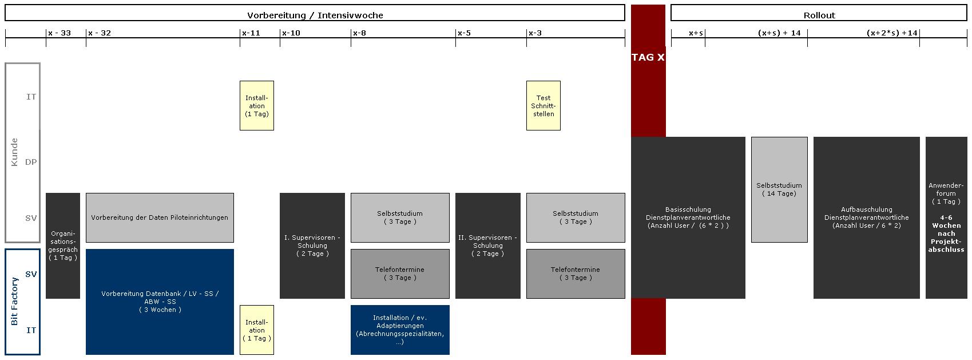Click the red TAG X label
pyautogui.click(x=648, y=57)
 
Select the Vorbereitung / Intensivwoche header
pyautogui.click(x=315, y=15)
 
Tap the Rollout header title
pyautogui.click(x=819, y=15)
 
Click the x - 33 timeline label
pyautogui.click(x=59, y=33)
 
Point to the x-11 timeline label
pyautogui.click(x=251, y=33)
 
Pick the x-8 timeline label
pyautogui.click(x=359, y=33)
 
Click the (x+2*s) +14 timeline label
pyautogui.click(x=892, y=33)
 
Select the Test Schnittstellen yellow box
pyautogui.click(x=543, y=105)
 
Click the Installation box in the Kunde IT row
pyautogui.click(x=256, y=105)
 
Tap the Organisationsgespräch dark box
pyautogui.click(x=62, y=246)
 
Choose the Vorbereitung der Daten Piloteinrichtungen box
pyautogui.click(x=160, y=217)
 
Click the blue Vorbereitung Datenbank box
pyautogui.click(x=160, y=302)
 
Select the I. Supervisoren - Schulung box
pyautogui.click(x=312, y=246)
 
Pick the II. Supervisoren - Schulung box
pyautogui.click(x=487, y=246)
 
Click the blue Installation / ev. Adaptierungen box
pyautogui.click(x=399, y=330)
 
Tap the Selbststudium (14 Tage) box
pyautogui.click(x=779, y=189)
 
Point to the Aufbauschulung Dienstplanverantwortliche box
pyautogui.click(x=866, y=217)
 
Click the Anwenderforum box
pyautogui.click(x=946, y=217)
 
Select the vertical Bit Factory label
pyautogui.click(x=15, y=302)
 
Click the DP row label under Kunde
pyautogui.click(x=31, y=162)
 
